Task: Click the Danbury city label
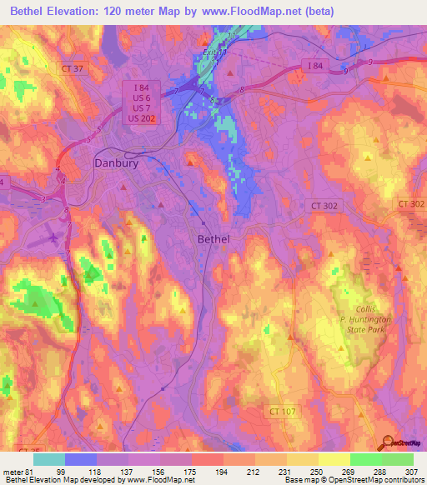tap(116, 164)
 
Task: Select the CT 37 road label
tap(73, 67)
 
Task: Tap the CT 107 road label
tap(284, 411)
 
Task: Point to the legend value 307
tap(413, 472)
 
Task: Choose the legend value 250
tap(318, 472)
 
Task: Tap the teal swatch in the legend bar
tap(49, 459)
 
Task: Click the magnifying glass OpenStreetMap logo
tap(387, 442)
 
